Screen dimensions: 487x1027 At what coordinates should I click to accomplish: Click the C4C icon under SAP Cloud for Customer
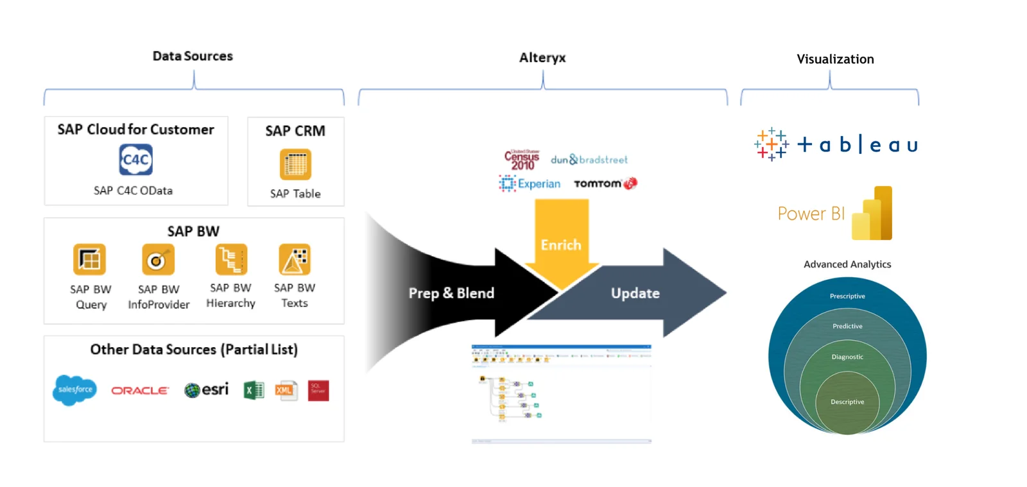point(135,160)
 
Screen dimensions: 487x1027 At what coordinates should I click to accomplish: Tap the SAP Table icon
point(295,164)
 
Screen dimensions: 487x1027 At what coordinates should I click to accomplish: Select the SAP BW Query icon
point(89,260)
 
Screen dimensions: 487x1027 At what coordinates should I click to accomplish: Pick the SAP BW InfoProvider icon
point(158,260)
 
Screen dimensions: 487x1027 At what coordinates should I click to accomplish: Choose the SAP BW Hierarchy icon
point(231,259)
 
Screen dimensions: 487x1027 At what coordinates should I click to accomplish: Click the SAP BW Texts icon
point(295,259)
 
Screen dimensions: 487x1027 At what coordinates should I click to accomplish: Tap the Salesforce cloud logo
point(74,389)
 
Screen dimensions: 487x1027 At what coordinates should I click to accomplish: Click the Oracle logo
point(140,390)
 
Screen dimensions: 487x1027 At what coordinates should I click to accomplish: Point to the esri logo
point(207,389)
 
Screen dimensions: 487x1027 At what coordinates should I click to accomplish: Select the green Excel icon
point(254,390)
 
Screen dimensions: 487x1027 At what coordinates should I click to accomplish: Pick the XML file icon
point(286,390)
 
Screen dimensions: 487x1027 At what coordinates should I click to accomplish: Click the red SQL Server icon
point(318,390)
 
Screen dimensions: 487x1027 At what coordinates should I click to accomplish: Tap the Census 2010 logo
point(522,160)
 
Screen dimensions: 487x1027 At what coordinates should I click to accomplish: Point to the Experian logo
point(530,184)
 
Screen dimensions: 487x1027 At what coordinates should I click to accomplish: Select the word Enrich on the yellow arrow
point(561,245)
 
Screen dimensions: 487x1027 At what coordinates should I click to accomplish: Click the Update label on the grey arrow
point(635,293)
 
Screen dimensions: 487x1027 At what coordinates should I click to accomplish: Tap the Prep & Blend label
point(451,293)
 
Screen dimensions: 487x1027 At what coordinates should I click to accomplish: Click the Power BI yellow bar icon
point(872,214)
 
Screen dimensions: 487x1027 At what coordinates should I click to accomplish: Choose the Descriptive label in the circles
point(847,402)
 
